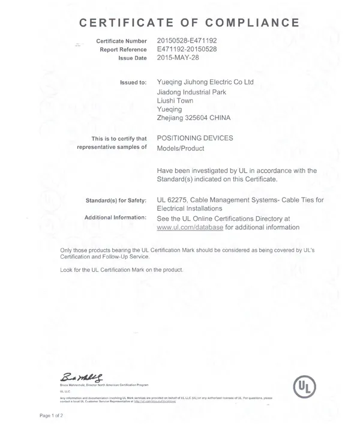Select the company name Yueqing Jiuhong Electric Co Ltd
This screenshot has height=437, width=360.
point(212,82)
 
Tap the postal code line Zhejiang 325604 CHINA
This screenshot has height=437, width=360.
point(193,119)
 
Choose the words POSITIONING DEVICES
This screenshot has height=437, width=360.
point(195,138)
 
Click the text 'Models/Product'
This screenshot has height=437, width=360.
point(181,148)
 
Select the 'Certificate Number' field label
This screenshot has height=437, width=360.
point(121,41)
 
